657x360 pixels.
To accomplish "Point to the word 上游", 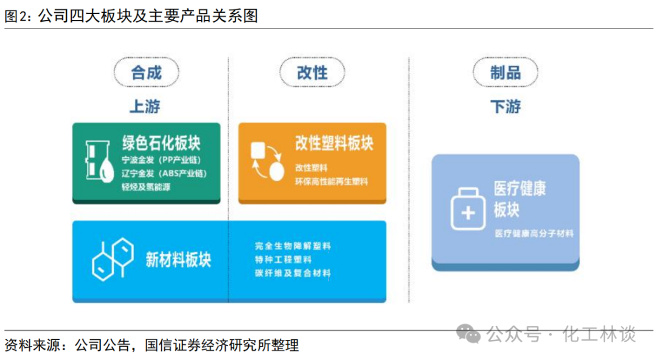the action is pyautogui.click(x=145, y=106).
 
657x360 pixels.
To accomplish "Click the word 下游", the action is pyautogui.click(x=506, y=106).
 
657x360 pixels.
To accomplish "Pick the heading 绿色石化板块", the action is pyautogui.click(x=161, y=143).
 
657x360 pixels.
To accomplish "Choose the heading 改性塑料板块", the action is pyautogui.click(x=334, y=143).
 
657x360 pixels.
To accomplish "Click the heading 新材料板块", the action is pyautogui.click(x=178, y=260).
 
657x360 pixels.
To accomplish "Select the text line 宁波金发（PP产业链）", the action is pyautogui.click(x=161, y=160).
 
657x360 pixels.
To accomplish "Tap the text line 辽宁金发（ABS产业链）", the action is pyautogui.click(x=164, y=173).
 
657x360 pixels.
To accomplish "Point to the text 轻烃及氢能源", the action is pyautogui.click(x=146, y=187).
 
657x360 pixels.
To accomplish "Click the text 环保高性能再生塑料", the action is pyautogui.click(x=332, y=181).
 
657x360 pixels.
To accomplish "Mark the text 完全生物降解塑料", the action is pyautogui.click(x=293, y=246).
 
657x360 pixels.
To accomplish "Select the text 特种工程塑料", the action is pyautogui.click(x=283, y=260).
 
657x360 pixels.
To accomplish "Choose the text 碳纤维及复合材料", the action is pyautogui.click(x=293, y=273).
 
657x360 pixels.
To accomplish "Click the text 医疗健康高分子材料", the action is pyautogui.click(x=534, y=234).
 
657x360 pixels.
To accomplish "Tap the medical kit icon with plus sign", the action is pyautogui.click(x=468, y=209).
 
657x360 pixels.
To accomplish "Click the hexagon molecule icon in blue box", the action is pyautogui.click(x=113, y=259).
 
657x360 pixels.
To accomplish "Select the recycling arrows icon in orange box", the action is pyautogui.click(x=267, y=161).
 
